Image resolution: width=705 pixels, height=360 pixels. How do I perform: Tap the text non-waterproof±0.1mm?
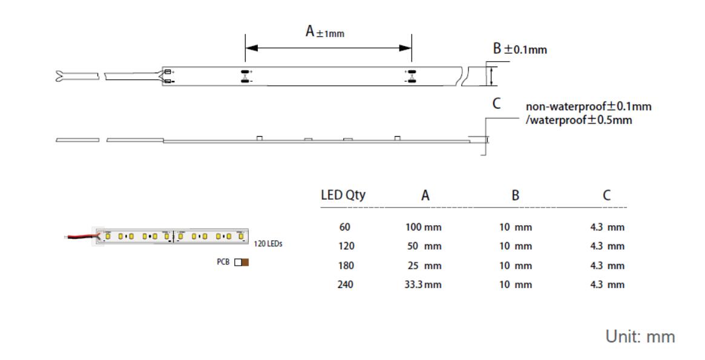click(x=588, y=107)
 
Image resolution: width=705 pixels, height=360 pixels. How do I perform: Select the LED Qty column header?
click(x=343, y=195)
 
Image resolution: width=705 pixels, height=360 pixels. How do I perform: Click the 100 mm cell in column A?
click(x=424, y=227)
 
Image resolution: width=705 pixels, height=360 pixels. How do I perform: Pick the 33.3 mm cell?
click(x=423, y=284)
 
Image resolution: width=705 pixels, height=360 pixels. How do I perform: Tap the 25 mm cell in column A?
click(x=424, y=266)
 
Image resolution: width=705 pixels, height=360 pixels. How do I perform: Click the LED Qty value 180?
click(x=345, y=266)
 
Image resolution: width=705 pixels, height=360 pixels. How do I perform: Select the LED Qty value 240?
click(x=345, y=284)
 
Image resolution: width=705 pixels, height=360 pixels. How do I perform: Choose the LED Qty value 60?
click(x=345, y=227)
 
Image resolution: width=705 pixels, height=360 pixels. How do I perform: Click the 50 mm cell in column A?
click(x=424, y=246)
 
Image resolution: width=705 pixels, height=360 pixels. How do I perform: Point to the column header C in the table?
click(x=607, y=195)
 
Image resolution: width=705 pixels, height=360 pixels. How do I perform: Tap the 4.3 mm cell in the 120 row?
click(x=607, y=246)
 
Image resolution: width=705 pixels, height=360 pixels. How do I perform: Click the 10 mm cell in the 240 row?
click(x=515, y=284)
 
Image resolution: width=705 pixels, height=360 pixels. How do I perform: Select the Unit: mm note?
click(x=640, y=337)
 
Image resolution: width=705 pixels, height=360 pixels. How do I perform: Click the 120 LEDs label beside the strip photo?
click(x=267, y=244)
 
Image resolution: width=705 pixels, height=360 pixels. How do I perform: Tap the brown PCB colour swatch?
click(x=245, y=263)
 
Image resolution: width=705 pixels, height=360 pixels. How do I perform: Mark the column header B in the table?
click(x=515, y=195)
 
